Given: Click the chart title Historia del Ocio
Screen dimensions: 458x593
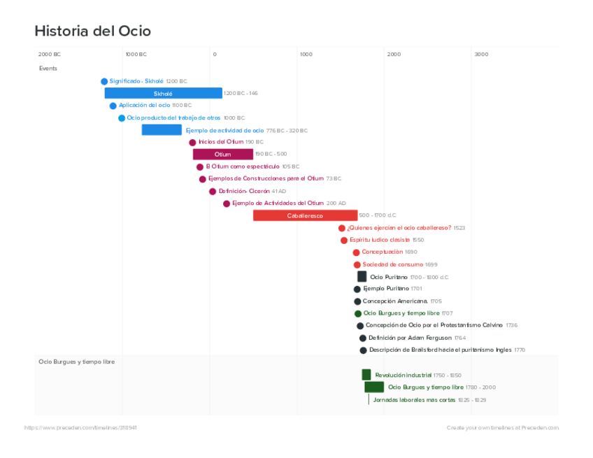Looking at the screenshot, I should [x=92, y=31].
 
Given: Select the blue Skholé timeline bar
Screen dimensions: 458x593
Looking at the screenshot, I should [x=163, y=93].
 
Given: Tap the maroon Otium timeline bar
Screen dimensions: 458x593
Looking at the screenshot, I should [x=222, y=154].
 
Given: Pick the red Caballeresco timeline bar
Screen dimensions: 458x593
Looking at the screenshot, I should [x=305, y=215].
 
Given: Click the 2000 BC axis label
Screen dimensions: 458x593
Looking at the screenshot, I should [x=49, y=54].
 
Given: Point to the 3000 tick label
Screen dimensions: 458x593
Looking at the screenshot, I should [x=481, y=54].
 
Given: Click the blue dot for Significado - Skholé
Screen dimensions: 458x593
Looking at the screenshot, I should [x=104, y=81].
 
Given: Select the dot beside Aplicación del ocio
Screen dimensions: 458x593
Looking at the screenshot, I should [x=113, y=106].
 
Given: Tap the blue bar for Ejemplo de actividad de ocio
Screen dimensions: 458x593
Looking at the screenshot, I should [x=162, y=130].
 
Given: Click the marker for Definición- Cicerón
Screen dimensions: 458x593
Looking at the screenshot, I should [x=213, y=192].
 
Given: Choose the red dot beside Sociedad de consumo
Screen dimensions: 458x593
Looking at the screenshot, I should [x=357, y=265].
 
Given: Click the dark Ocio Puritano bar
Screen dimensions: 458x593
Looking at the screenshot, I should [x=362, y=277].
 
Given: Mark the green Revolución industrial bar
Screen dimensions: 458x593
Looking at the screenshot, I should [x=366, y=375].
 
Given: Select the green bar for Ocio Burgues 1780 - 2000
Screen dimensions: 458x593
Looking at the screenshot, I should [x=374, y=387].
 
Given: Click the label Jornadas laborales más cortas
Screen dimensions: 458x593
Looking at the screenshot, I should [x=414, y=400].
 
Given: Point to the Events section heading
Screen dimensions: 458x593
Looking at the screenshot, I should [x=48, y=69].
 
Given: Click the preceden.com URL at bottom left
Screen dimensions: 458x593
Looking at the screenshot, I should [x=80, y=427].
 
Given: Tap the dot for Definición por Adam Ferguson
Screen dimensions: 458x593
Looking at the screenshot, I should [x=362, y=338].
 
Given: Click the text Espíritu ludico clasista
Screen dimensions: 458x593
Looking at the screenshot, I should [x=380, y=240].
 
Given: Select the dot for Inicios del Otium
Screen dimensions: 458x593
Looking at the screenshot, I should [x=192, y=143].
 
